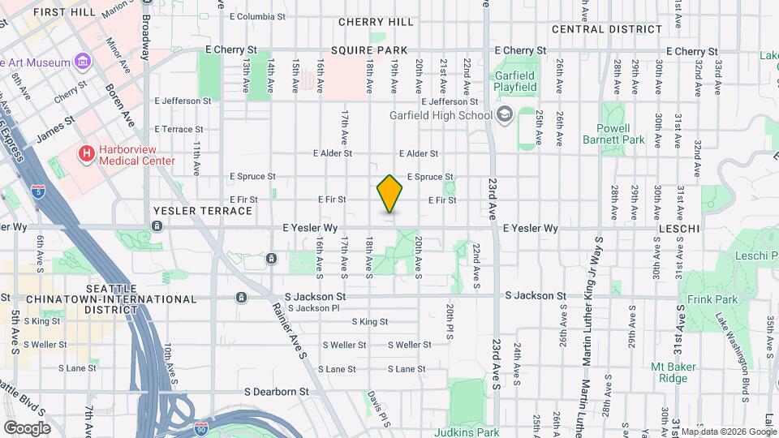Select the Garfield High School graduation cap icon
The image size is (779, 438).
click(505, 114)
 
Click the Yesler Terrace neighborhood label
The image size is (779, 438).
click(203, 211)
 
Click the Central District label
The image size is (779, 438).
click(605, 29)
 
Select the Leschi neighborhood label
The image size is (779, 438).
click(678, 230)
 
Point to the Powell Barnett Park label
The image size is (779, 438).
click(613, 134)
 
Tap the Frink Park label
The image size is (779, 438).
click(717, 299)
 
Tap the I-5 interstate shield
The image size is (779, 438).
click(38, 191)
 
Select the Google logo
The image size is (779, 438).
click(27, 427)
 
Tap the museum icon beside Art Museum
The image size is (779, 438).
click(82, 62)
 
